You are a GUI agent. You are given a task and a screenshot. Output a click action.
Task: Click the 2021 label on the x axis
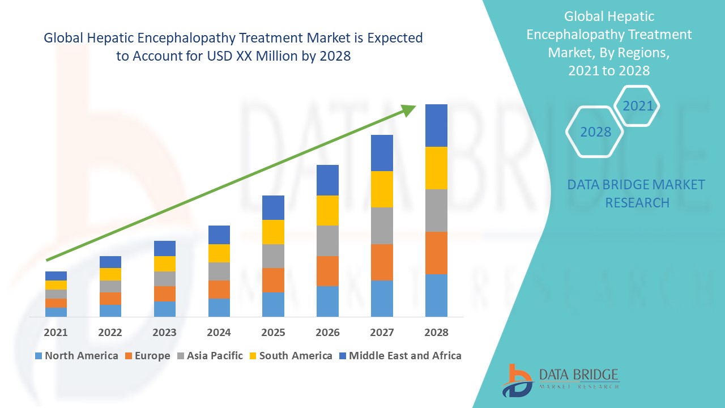coord(56,333)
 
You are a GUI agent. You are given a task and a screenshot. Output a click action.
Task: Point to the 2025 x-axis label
coord(273,333)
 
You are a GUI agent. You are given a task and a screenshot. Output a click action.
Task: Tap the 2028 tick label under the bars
coord(436,333)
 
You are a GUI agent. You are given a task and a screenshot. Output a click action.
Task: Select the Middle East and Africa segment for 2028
coord(436,125)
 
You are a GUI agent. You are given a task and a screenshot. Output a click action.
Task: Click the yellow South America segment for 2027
coord(382,189)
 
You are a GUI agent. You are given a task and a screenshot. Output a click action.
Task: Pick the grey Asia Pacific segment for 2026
coord(327,241)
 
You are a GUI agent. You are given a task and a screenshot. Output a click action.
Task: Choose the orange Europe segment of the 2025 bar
coord(273,280)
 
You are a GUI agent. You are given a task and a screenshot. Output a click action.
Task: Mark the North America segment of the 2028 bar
coord(436,295)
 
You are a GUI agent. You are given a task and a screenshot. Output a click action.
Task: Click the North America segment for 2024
coord(219,307)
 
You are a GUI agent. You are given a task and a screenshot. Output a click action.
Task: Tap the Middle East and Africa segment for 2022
coord(110,262)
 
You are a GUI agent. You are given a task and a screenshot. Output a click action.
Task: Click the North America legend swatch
coord(39,356)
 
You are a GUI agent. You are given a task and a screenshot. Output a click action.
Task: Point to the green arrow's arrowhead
coord(408,109)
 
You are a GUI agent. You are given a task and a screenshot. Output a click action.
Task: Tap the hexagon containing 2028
coord(595,131)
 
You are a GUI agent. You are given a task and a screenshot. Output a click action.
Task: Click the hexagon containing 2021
coord(638,106)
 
